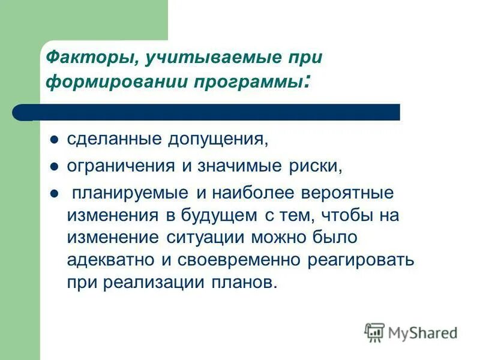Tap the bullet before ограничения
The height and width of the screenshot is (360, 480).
54,167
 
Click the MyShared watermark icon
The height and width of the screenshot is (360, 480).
374,332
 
